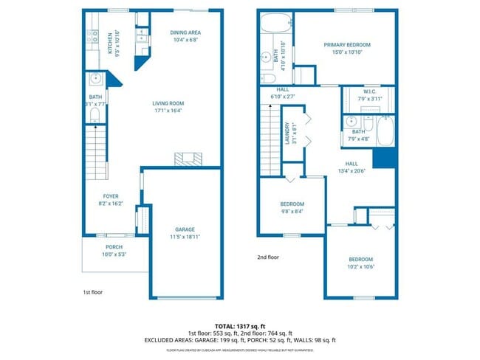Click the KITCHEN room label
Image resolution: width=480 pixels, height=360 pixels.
111,44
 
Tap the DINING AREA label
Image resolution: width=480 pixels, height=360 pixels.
185,32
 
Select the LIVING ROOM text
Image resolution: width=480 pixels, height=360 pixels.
168,103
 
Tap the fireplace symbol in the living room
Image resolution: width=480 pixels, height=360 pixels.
186,158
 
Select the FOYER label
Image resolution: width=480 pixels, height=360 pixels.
111,197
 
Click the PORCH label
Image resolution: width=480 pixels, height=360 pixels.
114,247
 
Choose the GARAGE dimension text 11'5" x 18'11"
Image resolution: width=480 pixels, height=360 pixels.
185,238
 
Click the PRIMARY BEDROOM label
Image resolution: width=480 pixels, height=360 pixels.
346,45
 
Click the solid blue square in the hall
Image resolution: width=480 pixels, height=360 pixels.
382,159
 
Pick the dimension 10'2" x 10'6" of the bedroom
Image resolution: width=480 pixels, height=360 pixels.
360,267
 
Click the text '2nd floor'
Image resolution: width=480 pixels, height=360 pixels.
268,257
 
